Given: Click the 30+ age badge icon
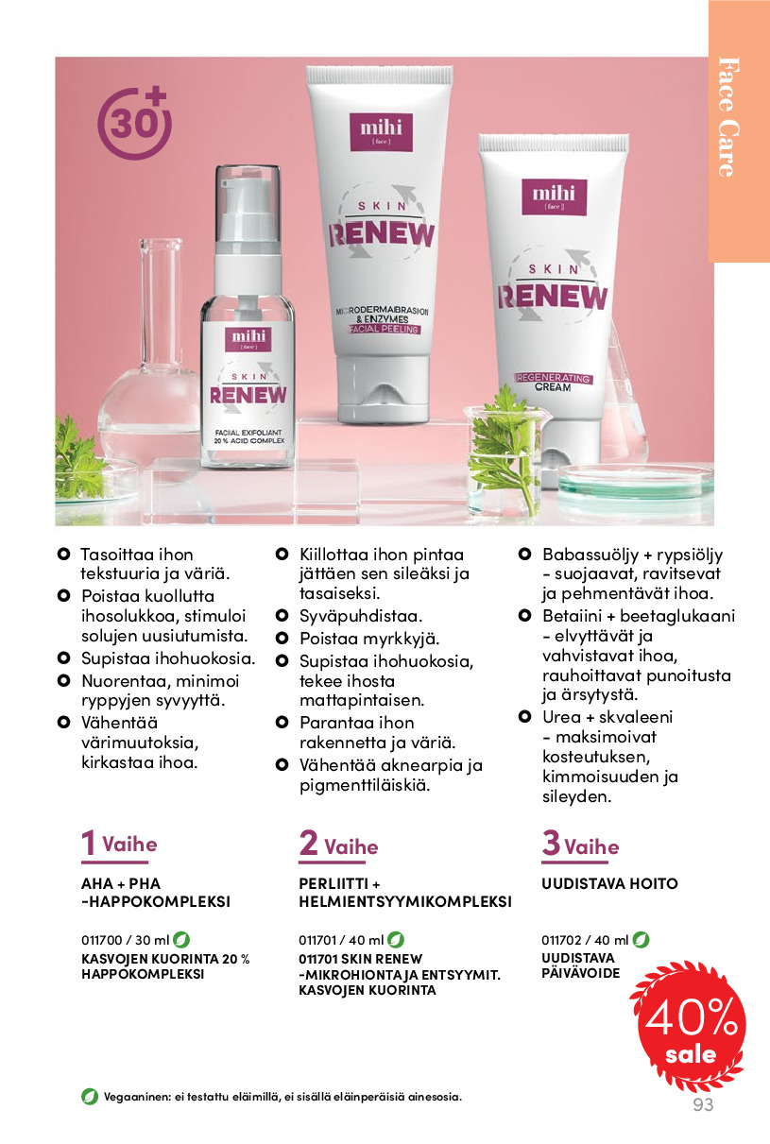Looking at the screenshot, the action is click(x=134, y=124).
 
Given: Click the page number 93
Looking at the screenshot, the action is click(x=703, y=1104).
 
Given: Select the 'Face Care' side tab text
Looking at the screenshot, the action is click(x=728, y=117).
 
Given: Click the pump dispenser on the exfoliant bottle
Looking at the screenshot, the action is click(x=248, y=219).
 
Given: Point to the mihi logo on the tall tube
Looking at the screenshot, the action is click(x=381, y=131).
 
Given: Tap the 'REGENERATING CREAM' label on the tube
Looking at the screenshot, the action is click(x=553, y=382).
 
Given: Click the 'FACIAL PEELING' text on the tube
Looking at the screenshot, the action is click(x=384, y=330).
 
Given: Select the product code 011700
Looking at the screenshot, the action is click(x=102, y=940).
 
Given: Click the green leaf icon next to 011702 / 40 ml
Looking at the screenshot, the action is click(x=641, y=939).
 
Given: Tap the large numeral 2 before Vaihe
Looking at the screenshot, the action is click(x=308, y=843).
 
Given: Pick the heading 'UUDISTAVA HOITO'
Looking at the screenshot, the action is click(x=609, y=883).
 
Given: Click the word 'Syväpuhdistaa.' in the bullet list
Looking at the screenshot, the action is click(x=361, y=616).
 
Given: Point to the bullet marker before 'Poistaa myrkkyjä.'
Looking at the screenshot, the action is click(x=282, y=638).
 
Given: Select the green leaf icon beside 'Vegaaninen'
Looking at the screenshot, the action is click(x=90, y=1096).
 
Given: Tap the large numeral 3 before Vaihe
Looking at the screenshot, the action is click(x=551, y=843).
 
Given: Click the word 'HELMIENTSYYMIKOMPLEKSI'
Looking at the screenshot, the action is click(x=405, y=902).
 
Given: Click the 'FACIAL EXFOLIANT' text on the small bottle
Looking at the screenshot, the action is click(x=248, y=433).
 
